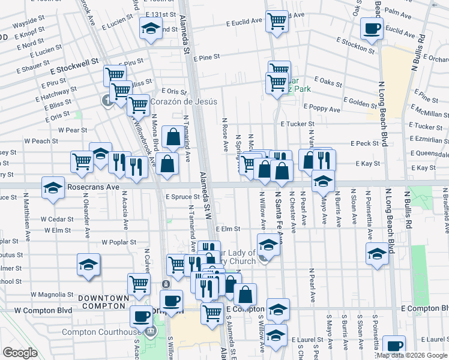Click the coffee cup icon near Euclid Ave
(x=371, y=28)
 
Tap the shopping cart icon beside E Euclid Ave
(x=277, y=21)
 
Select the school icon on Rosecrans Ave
(x=53, y=188)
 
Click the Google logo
(x=20, y=353)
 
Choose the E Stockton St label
(x=355, y=46)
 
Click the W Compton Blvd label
(x=43, y=310)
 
